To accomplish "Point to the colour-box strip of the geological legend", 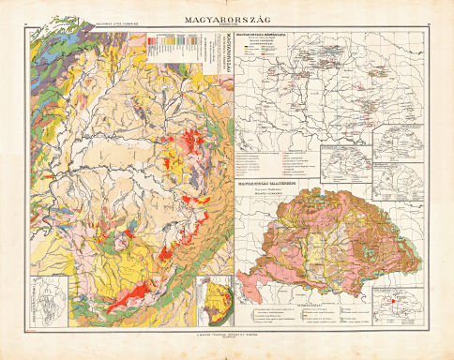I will tap(174, 47).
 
